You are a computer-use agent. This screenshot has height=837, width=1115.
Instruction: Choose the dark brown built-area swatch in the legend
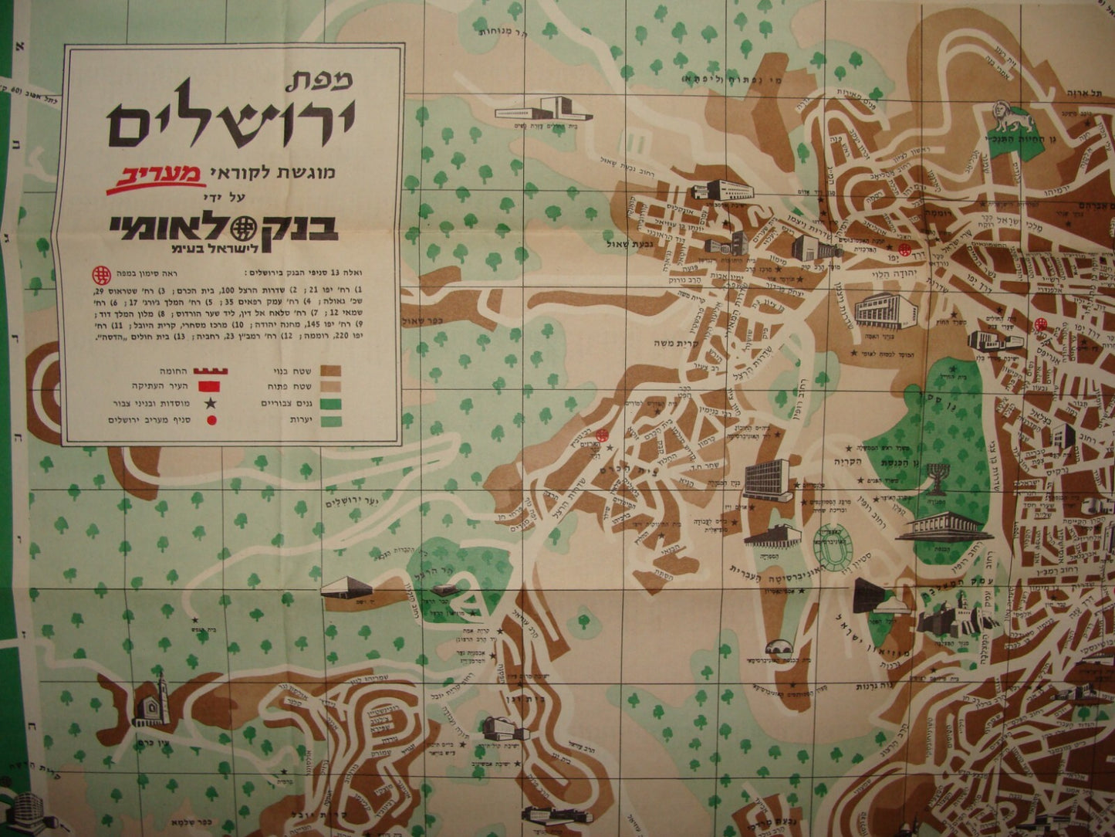click(x=333, y=371)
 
